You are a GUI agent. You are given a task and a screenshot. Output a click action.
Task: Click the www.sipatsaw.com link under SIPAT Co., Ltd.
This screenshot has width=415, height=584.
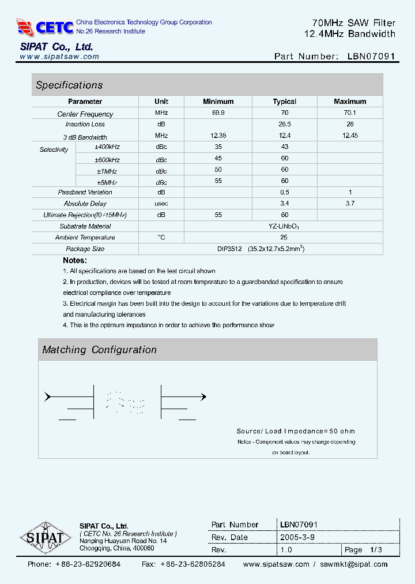coord(59,57)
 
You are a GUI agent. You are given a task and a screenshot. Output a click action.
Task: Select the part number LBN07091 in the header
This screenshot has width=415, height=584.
coord(372,57)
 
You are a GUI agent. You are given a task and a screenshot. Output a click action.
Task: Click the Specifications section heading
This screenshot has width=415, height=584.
coord(69,85)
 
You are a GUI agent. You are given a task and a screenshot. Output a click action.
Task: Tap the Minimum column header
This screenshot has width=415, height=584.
coord(218,102)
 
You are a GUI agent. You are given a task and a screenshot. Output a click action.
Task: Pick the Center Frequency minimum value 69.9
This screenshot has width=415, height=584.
coord(218,114)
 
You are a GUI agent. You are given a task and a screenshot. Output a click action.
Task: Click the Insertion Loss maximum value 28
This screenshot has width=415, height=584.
coord(350,125)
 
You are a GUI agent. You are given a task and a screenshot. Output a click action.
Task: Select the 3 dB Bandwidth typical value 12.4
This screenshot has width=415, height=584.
coord(284,136)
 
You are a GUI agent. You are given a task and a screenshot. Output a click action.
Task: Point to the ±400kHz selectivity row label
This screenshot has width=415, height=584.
coord(107,147)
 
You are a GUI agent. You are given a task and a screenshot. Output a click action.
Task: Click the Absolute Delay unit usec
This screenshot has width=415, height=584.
coord(161,204)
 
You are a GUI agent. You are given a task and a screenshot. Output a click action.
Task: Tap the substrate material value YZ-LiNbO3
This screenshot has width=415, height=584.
coord(284,227)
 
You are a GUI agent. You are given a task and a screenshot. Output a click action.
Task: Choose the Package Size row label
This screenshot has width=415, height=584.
coord(85,249)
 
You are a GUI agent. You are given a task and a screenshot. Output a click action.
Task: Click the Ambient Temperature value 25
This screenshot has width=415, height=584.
coord(284,238)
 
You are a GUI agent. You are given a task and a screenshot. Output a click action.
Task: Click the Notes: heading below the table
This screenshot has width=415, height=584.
coord(75,261)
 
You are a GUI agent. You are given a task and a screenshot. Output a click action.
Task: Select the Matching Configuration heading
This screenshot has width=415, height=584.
coord(100,350)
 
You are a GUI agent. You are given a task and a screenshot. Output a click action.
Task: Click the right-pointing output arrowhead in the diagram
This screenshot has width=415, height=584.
coord(202,396)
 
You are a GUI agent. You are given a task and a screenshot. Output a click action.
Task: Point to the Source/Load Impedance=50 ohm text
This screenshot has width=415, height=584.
coord(296,431)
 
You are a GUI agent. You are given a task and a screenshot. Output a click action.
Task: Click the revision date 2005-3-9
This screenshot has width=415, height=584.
coord(297,537)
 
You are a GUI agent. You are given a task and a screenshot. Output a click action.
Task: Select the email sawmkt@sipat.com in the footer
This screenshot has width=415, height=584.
coord(354,564)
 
